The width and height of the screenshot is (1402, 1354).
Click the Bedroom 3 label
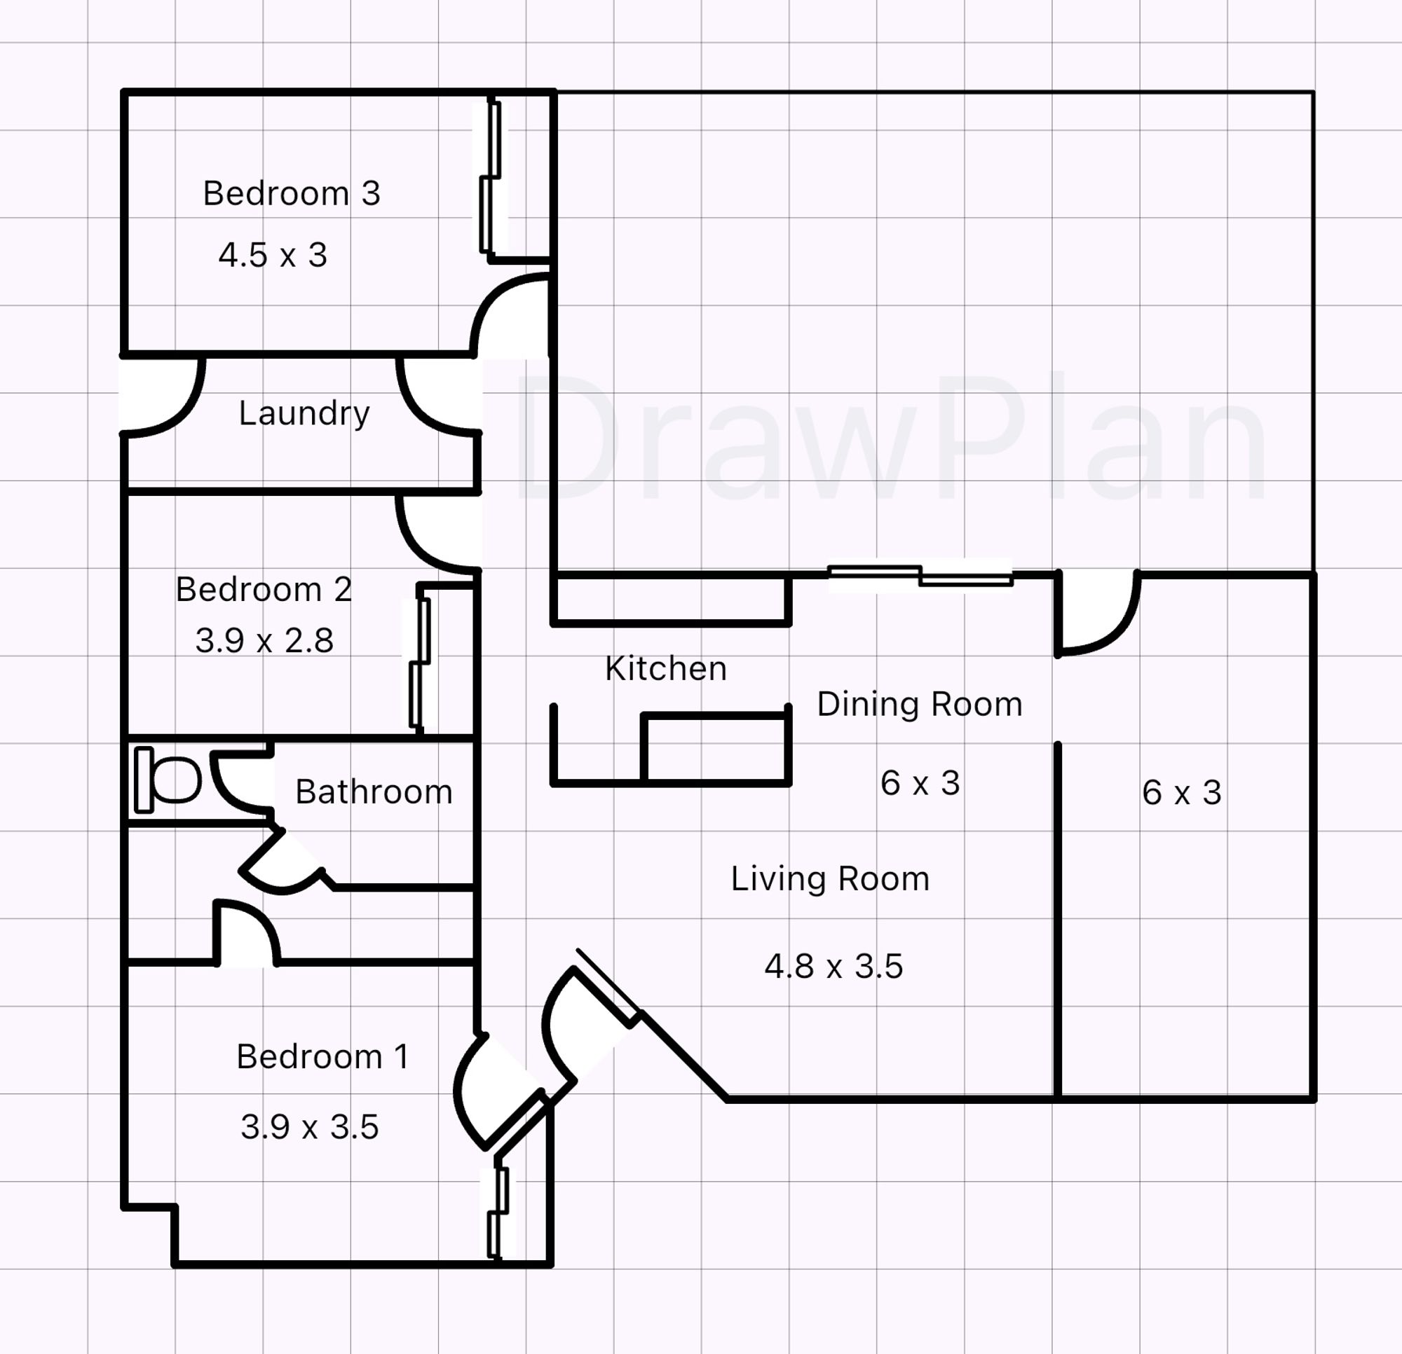coord(291,194)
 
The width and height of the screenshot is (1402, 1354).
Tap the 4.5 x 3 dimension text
coord(273,255)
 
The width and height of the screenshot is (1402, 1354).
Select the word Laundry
coord(304,413)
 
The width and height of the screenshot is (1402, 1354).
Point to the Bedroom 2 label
coord(264,590)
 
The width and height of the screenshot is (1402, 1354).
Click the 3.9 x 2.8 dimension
coord(264,640)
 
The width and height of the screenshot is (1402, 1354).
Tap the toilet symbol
coord(168,780)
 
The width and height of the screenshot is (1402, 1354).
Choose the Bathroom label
coord(374,792)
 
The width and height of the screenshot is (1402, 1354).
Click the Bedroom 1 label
coord(322,1056)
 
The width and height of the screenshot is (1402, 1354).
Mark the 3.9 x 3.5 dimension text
coord(309,1127)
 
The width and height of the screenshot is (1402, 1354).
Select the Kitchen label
coord(665,669)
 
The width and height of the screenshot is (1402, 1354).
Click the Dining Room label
coord(919,705)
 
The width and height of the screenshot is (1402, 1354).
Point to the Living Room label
coord(830,878)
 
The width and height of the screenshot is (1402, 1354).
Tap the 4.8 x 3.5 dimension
coord(833,967)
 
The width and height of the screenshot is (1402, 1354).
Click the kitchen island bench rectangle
coord(714,748)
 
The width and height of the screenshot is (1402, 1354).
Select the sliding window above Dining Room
coord(920,576)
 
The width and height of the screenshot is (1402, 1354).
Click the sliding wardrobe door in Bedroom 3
coord(490,177)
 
